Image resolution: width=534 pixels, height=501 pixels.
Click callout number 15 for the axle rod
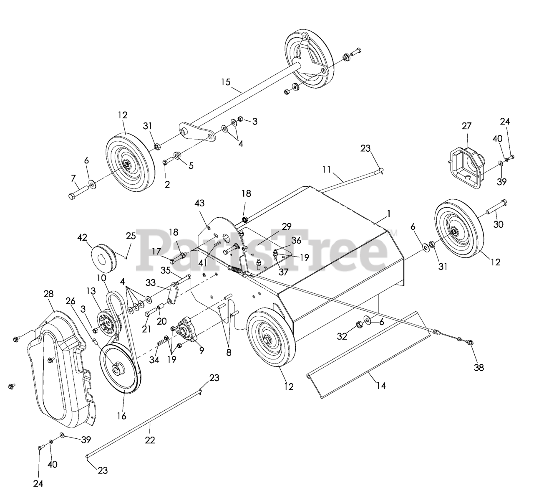225,82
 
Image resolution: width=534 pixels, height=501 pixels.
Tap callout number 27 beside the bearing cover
466,126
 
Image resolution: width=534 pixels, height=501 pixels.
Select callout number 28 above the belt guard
48,294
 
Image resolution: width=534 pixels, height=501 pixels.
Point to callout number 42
82,237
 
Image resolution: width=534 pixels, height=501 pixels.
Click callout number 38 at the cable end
479,368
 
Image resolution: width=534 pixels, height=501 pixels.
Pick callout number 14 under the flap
381,386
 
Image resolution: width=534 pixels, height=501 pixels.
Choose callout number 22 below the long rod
150,440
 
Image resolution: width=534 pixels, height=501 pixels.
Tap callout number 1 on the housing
388,214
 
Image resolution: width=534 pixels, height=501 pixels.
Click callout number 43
199,203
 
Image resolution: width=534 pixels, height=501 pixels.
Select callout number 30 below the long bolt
498,224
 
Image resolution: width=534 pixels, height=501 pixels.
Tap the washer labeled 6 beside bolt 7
92,183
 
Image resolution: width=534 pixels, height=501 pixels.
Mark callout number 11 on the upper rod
326,169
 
